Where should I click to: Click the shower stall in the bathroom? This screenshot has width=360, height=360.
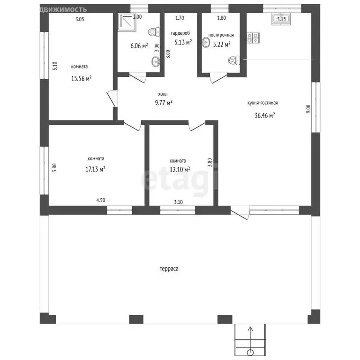point(127,22)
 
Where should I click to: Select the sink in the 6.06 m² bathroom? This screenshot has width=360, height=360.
point(156,62)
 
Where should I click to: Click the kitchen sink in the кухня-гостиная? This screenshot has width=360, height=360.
point(281,19)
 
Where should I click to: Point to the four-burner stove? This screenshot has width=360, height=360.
point(253,38)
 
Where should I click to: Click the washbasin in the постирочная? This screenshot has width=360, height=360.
point(206,43)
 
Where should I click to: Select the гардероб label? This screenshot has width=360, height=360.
point(180,33)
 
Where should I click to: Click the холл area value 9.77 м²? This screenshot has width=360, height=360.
point(164,102)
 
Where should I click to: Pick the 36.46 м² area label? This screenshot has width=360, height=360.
point(265,115)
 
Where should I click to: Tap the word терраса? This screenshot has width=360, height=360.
point(169,269)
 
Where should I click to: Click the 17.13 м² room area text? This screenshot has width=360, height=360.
point(95,169)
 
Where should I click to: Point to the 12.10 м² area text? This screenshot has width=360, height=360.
point(180,169)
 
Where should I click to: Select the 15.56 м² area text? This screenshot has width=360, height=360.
point(81,79)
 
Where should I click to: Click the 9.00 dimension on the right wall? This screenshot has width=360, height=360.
point(308,109)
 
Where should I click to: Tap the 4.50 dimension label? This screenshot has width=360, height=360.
point(101,200)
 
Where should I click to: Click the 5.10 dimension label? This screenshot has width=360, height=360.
point(55,66)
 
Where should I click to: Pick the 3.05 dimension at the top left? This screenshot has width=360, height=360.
point(80,19)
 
